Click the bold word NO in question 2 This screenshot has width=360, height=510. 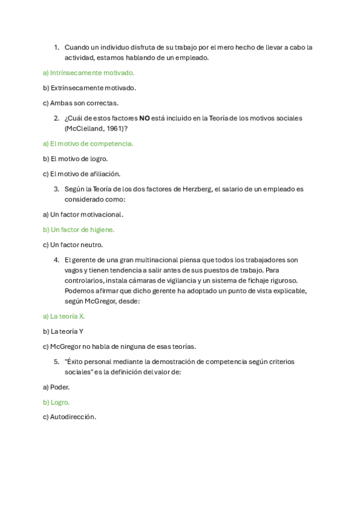click(x=144, y=118)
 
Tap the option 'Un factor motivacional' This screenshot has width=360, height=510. click(x=84, y=215)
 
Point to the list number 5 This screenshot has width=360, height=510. click(x=56, y=361)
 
